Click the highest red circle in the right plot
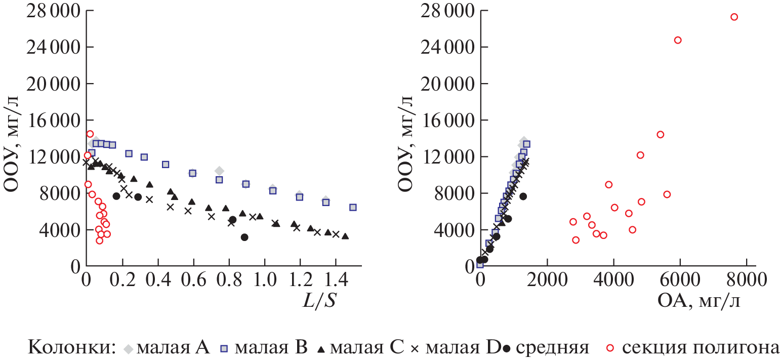pos(734,17)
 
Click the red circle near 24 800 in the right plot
pos(678,40)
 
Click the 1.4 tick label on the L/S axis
pos(334,281)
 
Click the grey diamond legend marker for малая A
pos(130,348)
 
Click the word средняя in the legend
pos(553,348)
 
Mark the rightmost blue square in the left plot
pos(353,207)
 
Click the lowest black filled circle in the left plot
pos(244,237)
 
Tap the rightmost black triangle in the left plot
pos(345,236)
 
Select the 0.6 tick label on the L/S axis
pos(191,281)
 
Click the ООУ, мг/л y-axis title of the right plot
pos(405,139)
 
